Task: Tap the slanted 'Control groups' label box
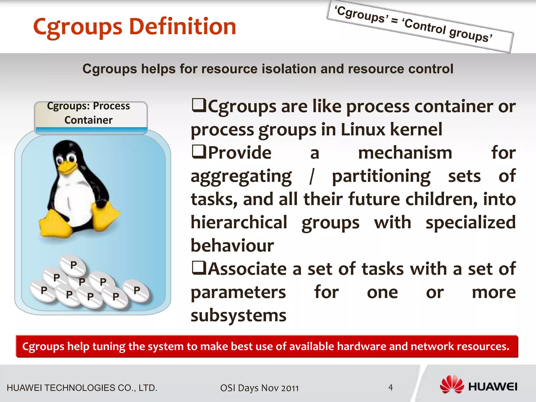point(420,26)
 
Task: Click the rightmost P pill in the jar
point(136,291)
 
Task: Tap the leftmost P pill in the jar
point(43,291)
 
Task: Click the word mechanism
point(405,153)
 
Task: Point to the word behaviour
point(232,246)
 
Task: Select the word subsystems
point(238,316)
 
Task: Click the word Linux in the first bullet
point(363,130)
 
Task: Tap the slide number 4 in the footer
point(390,387)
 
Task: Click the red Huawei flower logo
point(451,385)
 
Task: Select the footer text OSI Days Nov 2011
point(259,388)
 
